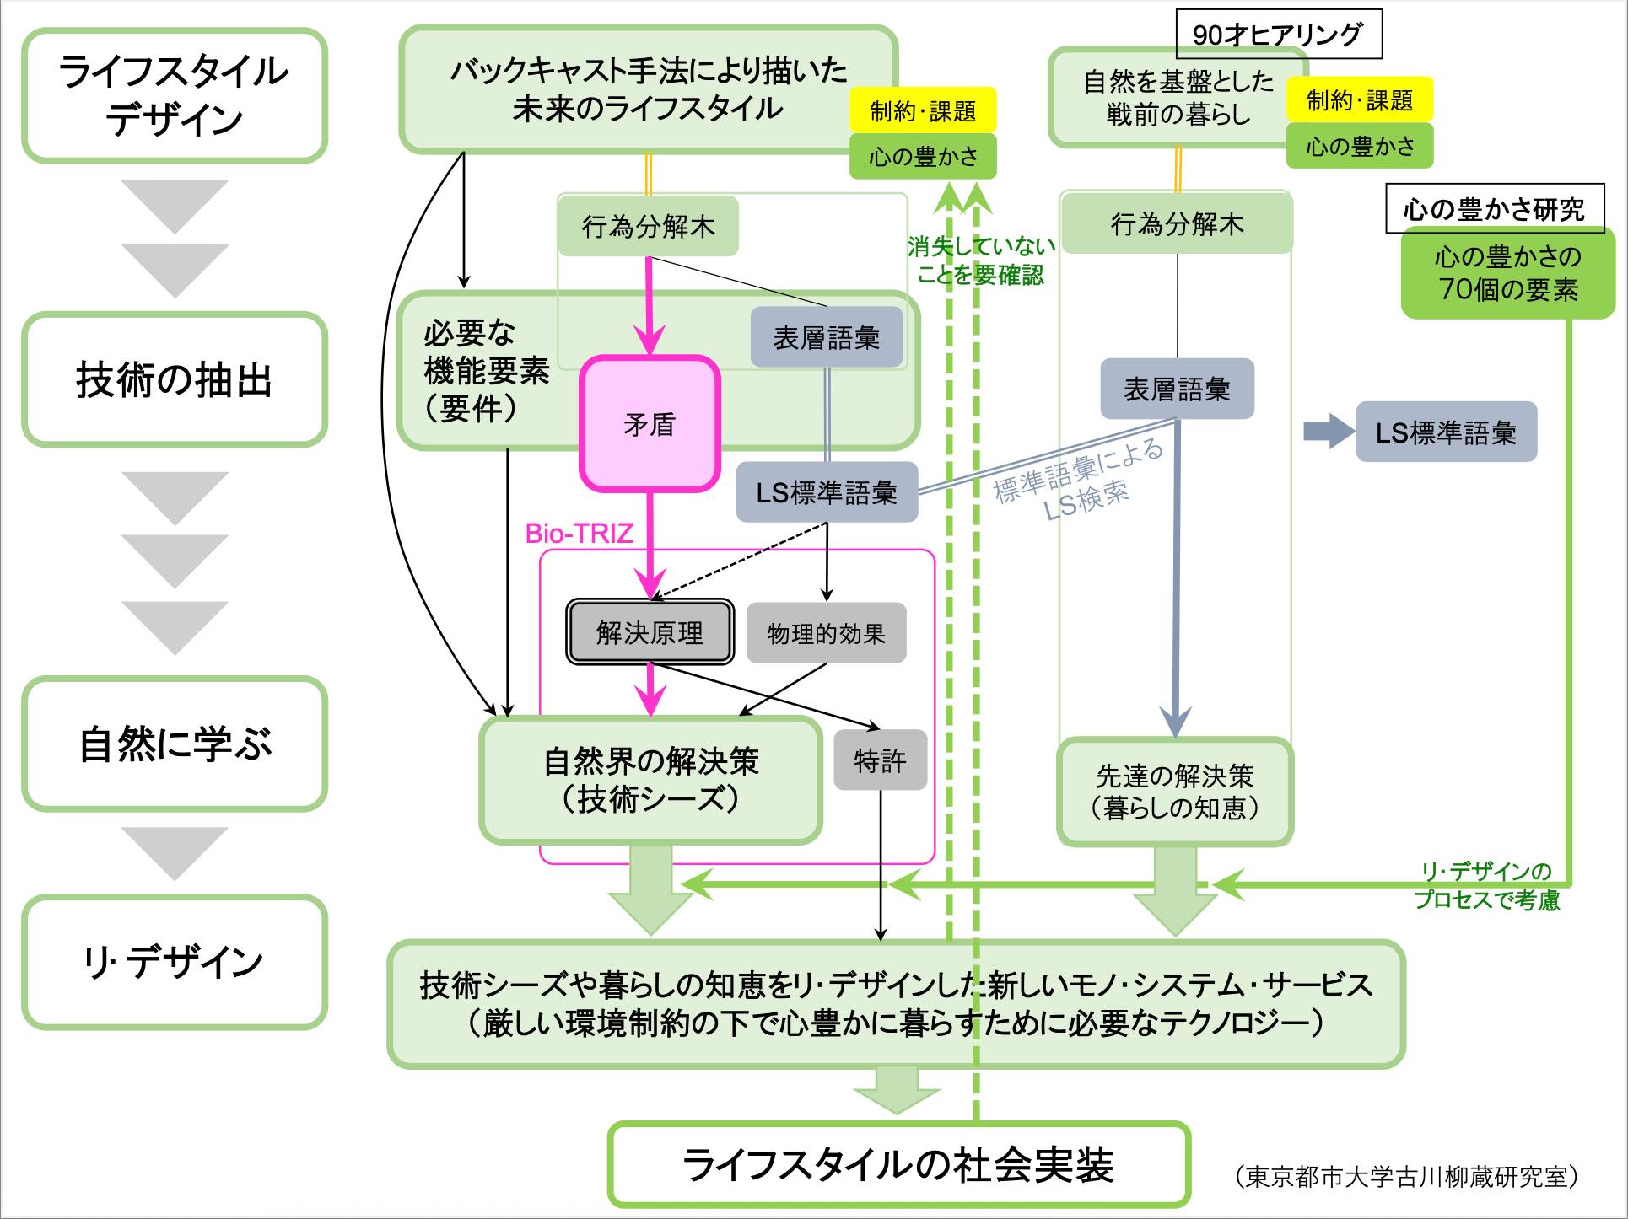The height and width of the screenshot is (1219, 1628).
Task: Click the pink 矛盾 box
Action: point(649,424)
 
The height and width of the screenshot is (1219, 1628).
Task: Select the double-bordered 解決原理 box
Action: point(649,632)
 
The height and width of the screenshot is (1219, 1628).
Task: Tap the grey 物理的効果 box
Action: point(826,633)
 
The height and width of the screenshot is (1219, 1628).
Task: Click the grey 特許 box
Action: point(880,760)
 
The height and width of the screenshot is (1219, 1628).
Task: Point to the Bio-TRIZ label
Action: point(579,534)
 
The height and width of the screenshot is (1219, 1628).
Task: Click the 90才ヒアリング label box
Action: point(1277,35)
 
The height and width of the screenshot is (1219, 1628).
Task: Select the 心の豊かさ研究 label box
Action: point(1493,208)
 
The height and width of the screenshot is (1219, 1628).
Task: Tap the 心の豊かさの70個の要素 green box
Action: point(1507,273)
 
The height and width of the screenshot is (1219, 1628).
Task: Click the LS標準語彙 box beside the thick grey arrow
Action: point(1446,432)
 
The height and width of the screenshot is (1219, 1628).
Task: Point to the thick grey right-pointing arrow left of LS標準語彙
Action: point(1328,432)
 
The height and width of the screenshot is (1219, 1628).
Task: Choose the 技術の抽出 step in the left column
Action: point(175,379)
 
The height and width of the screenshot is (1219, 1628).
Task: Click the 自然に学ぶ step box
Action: point(175,744)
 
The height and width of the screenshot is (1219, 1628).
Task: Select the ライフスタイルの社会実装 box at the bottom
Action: point(898,1164)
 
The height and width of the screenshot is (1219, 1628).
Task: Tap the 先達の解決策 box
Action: point(1174,791)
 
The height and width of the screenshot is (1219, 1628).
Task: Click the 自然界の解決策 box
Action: point(650,779)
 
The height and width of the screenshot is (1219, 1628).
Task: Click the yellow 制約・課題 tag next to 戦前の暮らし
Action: point(1359,101)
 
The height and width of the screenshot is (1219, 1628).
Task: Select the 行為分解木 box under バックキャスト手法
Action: point(648,226)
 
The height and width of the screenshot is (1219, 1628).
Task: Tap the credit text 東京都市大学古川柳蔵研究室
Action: point(1405,1176)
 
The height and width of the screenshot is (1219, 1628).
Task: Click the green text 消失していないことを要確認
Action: point(982,260)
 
